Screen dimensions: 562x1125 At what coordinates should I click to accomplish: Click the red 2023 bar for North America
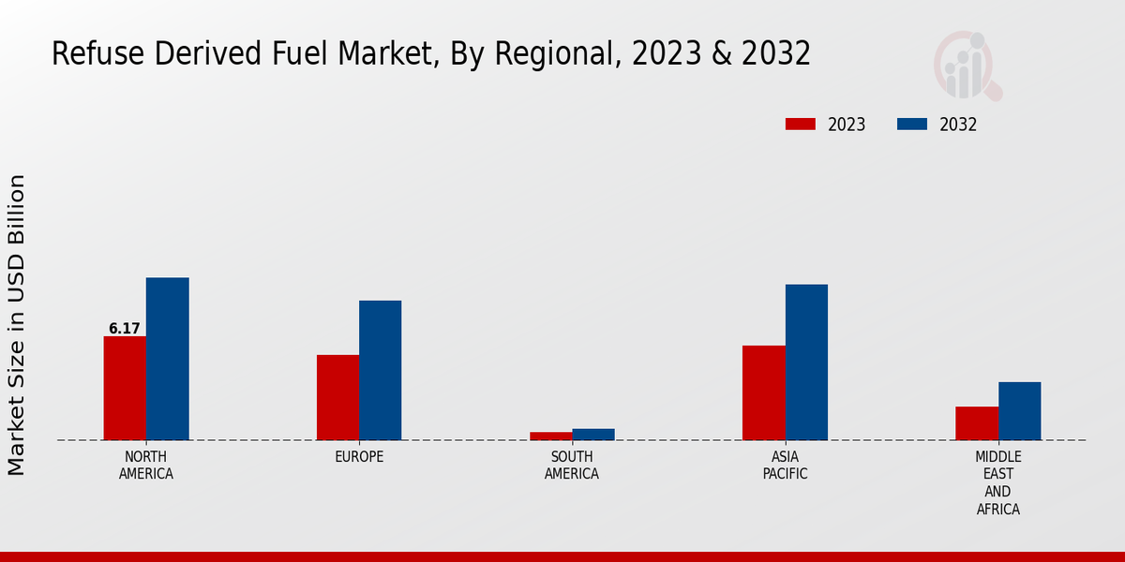pos(125,388)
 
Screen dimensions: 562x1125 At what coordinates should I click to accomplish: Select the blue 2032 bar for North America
pos(167,359)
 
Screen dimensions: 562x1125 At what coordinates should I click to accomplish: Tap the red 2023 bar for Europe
pos(337,397)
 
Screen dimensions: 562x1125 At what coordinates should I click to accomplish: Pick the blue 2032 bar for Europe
pos(380,370)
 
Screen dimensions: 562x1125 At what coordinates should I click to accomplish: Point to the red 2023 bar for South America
pos(550,436)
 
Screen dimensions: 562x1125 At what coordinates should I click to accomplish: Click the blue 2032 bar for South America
pos(593,435)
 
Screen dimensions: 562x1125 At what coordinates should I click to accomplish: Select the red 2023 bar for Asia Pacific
pos(763,392)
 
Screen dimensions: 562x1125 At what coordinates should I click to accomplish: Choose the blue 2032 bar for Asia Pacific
pos(806,362)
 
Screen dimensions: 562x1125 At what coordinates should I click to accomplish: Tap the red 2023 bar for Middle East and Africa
pos(977,423)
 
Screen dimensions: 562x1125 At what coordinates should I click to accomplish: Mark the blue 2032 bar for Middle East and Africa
pos(1019,411)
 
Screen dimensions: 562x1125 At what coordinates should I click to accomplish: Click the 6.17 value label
pos(125,329)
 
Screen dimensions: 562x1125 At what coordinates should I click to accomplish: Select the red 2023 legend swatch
pos(801,125)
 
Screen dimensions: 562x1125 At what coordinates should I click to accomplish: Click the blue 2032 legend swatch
pos(912,125)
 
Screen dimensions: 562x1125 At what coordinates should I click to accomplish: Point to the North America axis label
pos(146,466)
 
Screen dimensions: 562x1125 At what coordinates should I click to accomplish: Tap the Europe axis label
pos(359,457)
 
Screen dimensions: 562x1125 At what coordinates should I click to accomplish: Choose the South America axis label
pos(572,466)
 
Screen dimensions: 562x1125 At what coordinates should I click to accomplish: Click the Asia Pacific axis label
pos(785,466)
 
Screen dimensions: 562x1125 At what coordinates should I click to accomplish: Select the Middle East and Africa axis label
pos(997,483)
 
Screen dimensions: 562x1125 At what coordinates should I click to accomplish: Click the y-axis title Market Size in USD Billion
pos(18,324)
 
